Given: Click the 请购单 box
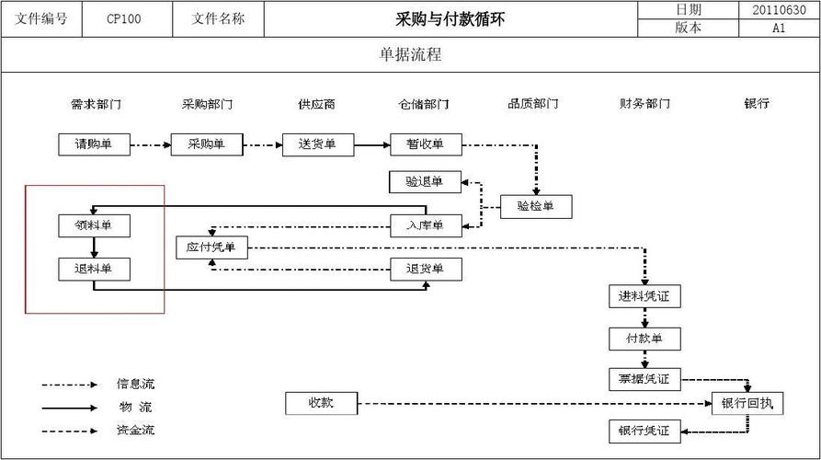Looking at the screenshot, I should (x=94, y=144).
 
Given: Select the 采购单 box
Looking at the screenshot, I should (x=206, y=144).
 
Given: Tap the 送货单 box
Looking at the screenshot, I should (x=317, y=144).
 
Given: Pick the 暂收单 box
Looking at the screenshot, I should (x=426, y=144).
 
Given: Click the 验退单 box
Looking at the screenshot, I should (x=425, y=182).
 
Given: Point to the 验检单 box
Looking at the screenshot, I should (x=536, y=207).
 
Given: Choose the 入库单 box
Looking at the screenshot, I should (x=425, y=225).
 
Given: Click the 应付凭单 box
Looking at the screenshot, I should (x=211, y=247).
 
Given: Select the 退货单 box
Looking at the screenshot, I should (x=425, y=270).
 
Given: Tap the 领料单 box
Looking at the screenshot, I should (x=94, y=225).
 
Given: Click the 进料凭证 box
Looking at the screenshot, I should (x=644, y=296).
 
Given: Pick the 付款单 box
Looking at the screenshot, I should (x=644, y=339).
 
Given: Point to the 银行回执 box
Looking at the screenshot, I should (x=747, y=403).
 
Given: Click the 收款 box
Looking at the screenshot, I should (x=321, y=403).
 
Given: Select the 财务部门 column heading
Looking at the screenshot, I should (x=644, y=104).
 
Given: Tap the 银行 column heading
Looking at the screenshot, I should (x=757, y=104).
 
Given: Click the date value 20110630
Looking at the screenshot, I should (x=779, y=9).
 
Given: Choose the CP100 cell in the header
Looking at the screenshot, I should (x=124, y=18).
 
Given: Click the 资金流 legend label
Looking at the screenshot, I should (x=135, y=430).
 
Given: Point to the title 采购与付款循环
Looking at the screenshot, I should (x=450, y=18).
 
